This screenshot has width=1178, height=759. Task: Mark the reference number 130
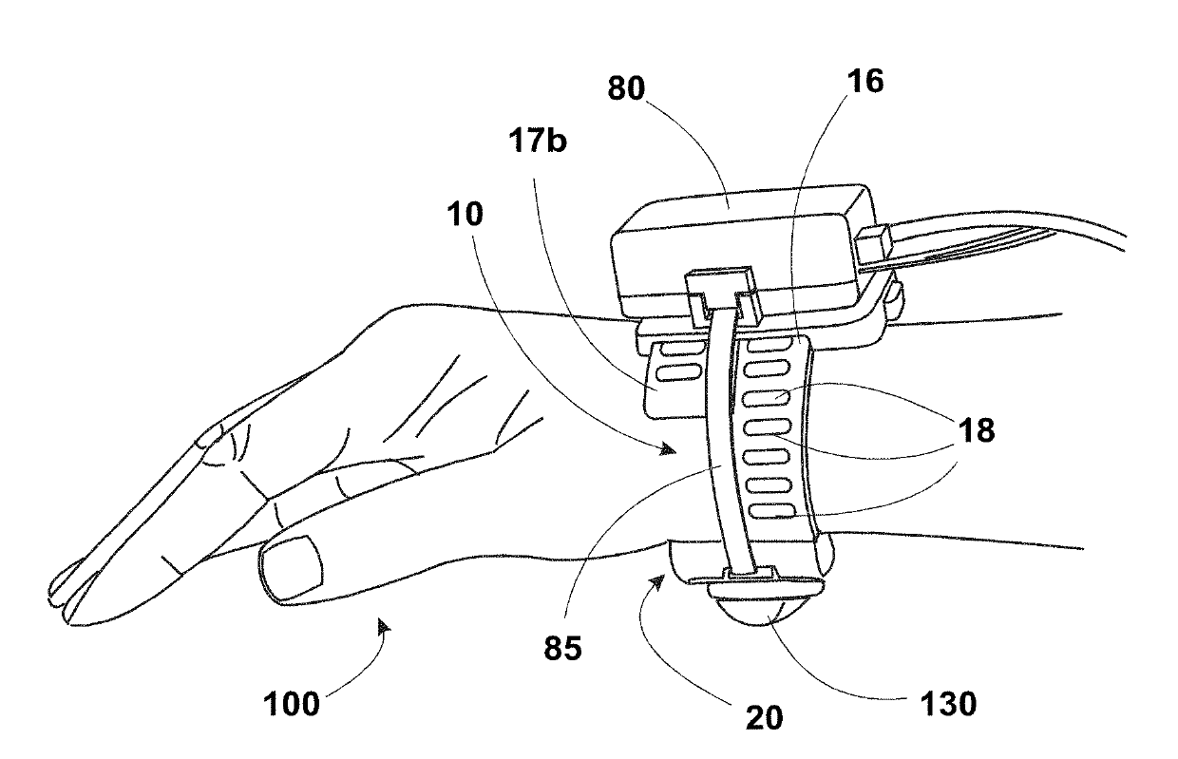[x=949, y=704]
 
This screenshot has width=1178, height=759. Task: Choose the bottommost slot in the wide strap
[x=771, y=511]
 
